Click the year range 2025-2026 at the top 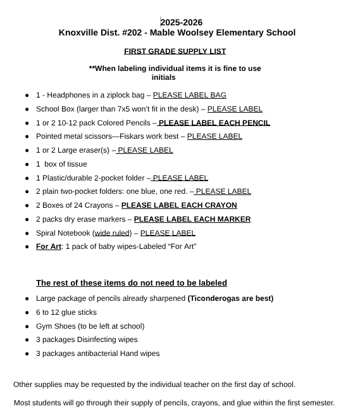[182, 22]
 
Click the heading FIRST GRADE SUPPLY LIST [175, 51]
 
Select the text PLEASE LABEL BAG [189, 95]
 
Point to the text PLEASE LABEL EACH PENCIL [214, 123]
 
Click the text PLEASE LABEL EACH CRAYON [179, 205]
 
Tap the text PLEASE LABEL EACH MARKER [192, 219]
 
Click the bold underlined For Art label [48, 246]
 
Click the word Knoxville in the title [81, 33]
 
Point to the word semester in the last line [314, 403]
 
